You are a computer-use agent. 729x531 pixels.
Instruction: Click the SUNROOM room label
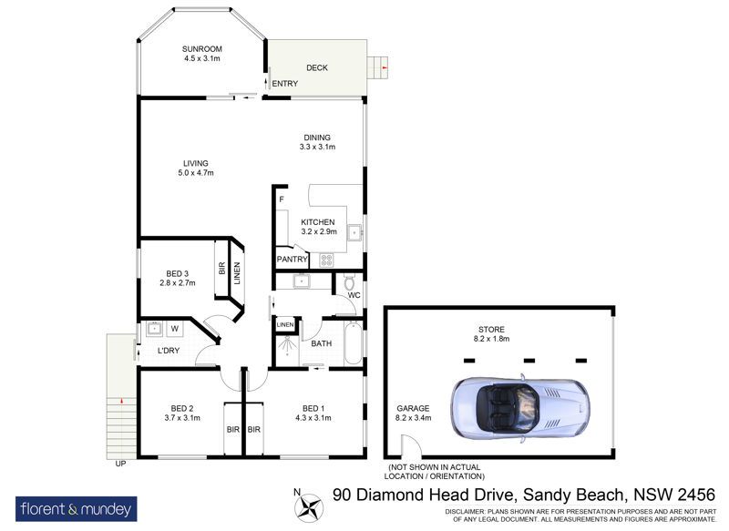click(201, 49)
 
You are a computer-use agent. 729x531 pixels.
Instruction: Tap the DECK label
click(317, 67)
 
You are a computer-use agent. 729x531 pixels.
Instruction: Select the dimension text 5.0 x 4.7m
click(196, 173)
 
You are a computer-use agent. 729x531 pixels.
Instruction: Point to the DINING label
click(317, 138)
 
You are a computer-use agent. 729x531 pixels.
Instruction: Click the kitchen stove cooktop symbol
click(326, 260)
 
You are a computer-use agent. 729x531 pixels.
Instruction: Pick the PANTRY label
click(292, 260)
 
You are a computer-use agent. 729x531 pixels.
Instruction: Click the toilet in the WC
click(349, 281)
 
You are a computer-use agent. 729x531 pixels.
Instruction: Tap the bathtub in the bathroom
click(352, 343)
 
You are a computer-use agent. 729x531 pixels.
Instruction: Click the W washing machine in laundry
click(174, 329)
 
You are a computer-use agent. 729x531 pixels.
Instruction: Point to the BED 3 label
click(177, 273)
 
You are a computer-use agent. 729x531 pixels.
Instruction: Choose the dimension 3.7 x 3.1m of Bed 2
click(182, 418)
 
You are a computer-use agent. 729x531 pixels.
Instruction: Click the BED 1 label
click(313, 408)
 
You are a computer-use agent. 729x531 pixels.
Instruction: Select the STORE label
click(491, 330)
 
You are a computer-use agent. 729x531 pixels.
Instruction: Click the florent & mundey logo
click(77, 509)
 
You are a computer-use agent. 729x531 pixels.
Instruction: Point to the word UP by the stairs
click(120, 464)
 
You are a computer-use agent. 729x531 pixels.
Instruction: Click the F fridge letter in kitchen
click(282, 199)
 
